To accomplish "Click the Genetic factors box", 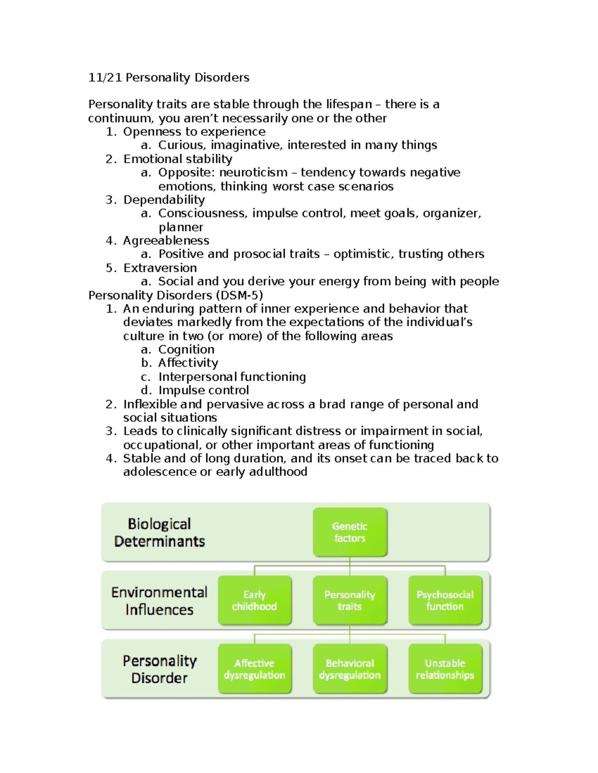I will (x=349, y=532).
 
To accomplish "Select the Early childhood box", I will (x=254, y=600).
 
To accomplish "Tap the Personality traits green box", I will (x=349, y=600).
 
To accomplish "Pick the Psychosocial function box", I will (x=445, y=600).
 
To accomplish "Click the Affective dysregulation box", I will (x=254, y=669).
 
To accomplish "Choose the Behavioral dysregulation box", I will (x=349, y=669).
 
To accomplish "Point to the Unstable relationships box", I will (x=445, y=669).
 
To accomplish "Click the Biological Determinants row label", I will (x=159, y=532).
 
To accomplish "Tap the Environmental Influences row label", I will (x=159, y=600).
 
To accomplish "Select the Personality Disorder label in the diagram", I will (x=159, y=669).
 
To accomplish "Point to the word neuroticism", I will (x=253, y=173).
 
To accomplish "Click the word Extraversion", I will (x=160, y=268).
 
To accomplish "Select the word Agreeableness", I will (x=166, y=240).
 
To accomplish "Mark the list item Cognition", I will (x=186, y=349).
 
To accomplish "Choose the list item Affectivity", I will (x=188, y=363).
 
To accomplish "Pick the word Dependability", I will (x=164, y=200).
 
